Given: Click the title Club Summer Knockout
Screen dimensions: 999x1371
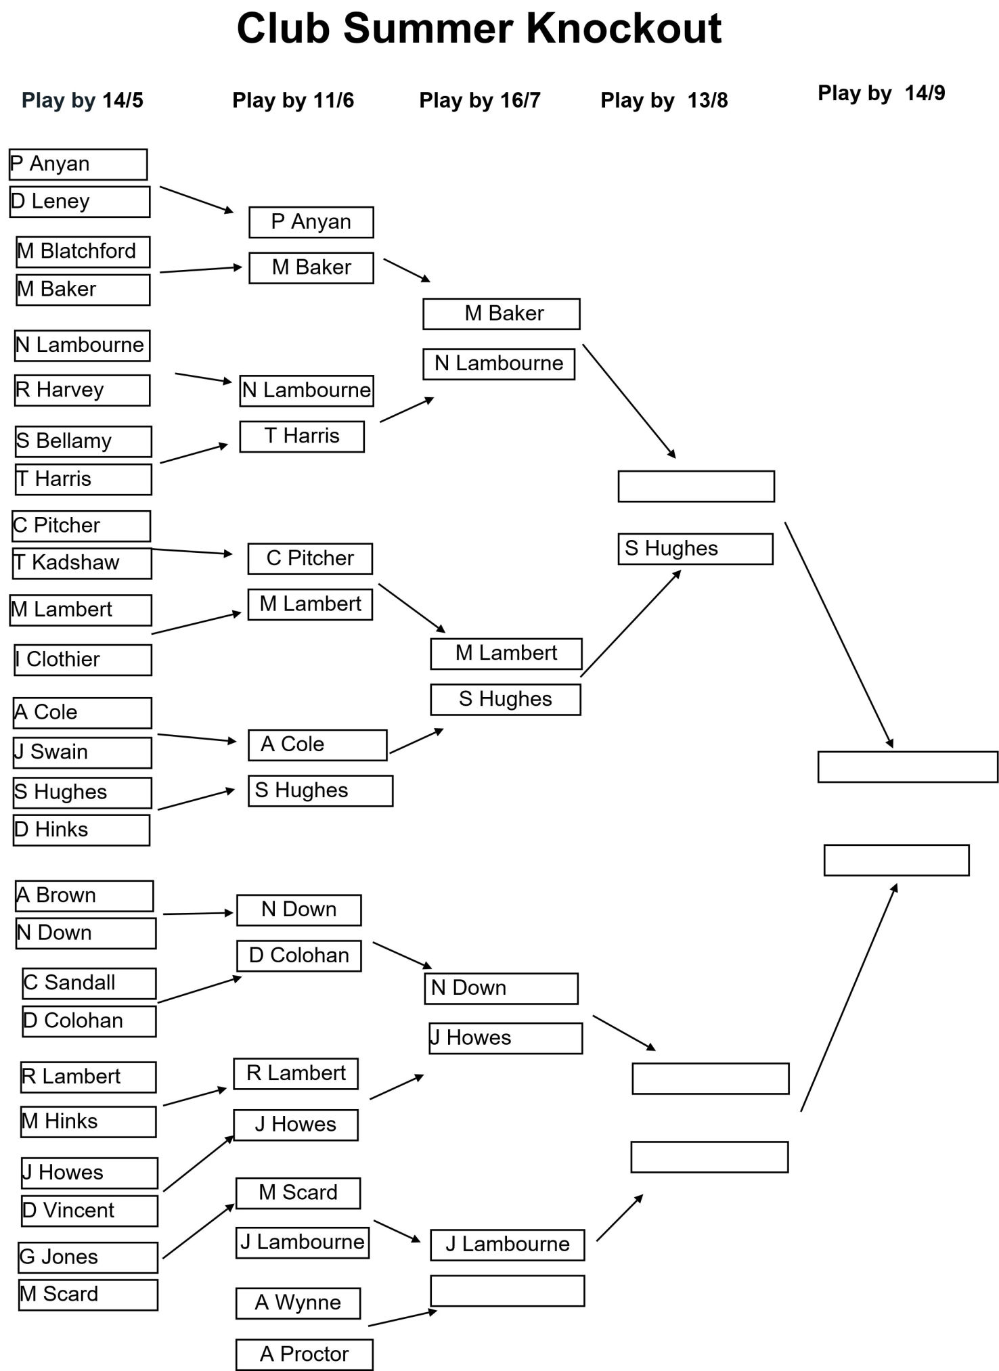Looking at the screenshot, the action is [x=479, y=28].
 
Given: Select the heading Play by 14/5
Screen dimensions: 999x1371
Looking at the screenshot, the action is [x=83, y=100].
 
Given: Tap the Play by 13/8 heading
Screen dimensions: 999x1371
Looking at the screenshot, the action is [x=664, y=100].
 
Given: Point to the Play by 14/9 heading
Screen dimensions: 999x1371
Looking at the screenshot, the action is [x=881, y=93].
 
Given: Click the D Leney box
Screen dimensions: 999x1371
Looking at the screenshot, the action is [x=80, y=202].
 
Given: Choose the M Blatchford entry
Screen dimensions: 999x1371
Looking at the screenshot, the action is [x=83, y=252].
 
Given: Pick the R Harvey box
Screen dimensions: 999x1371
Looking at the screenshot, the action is [x=83, y=390].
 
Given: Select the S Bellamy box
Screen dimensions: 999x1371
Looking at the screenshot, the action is [x=84, y=441].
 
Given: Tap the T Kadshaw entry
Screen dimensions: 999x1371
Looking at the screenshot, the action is [x=82, y=563].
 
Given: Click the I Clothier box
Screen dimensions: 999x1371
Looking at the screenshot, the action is [x=83, y=660].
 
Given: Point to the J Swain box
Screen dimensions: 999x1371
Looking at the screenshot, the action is [x=83, y=752].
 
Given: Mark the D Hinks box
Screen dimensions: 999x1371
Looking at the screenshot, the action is [x=81, y=830].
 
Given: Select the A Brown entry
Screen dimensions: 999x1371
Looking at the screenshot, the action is [x=85, y=896].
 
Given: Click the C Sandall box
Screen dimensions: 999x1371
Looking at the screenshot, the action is [x=89, y=983].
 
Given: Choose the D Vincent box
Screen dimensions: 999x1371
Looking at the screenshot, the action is [x=89, y=1211].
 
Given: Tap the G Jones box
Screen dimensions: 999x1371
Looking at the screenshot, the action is [x=88, y=1257].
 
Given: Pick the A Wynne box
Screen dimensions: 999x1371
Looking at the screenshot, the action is [x=298, y=1303].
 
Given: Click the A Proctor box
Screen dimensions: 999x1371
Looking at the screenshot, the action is [x=305, y=1354].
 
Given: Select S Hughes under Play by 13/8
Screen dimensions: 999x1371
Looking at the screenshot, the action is [x=696, y=549].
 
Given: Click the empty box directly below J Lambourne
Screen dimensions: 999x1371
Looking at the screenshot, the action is [x=508, y=1290].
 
